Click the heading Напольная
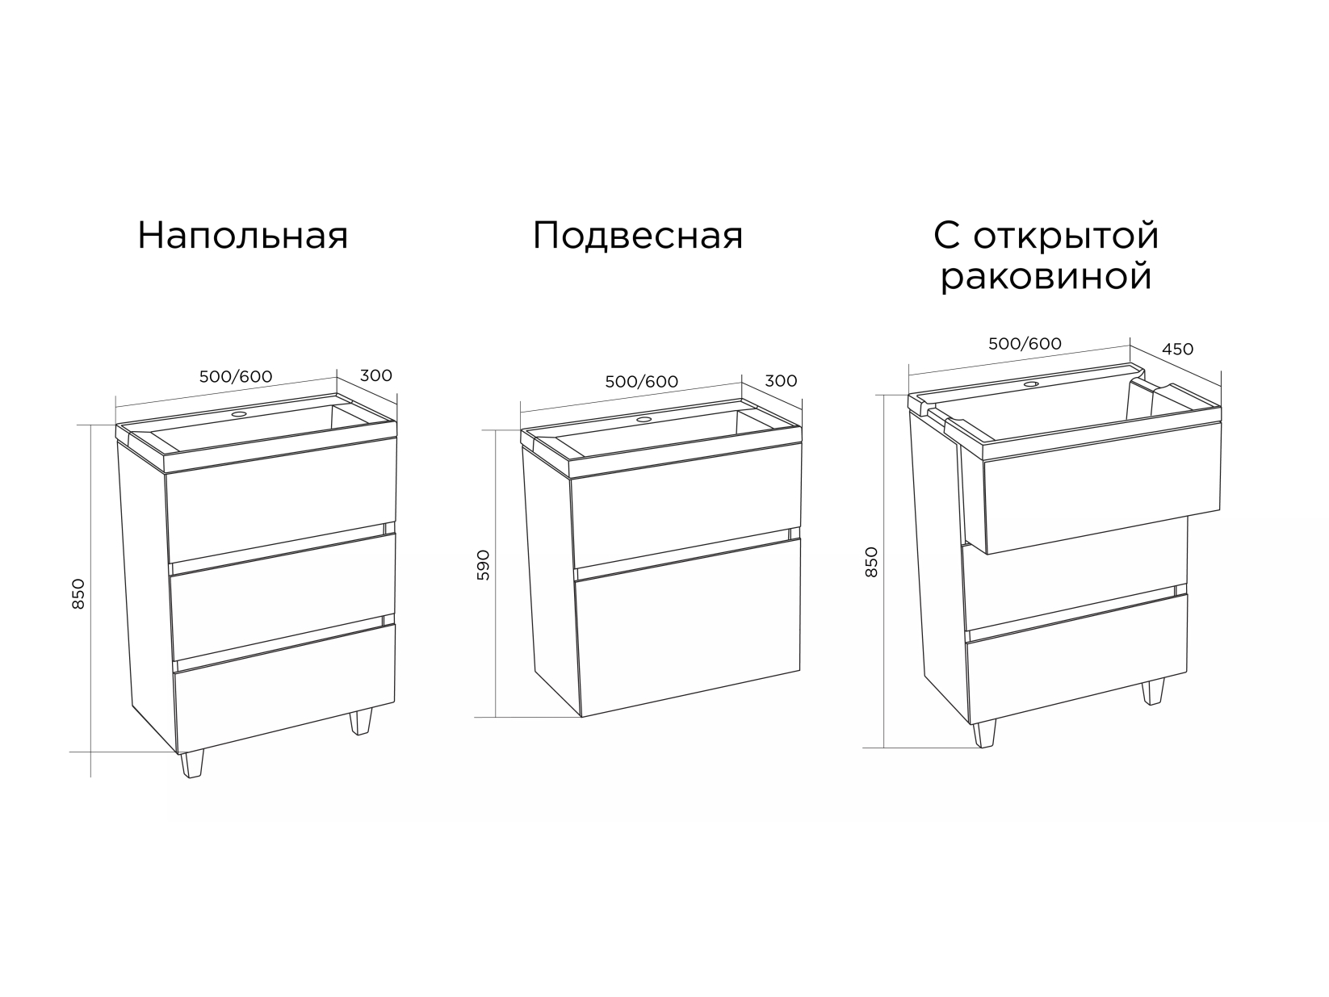(243, 235)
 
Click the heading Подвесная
(638, 235)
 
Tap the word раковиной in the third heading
(1046, 278)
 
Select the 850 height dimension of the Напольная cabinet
(78, 594)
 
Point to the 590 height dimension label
(483, 565)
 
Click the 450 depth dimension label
(1178, 350)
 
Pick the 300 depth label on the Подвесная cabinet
(781, 381)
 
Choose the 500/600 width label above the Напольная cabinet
(236, 376)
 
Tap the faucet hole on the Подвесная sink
(644, 419)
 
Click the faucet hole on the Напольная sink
(239, 415)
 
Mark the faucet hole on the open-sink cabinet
(1031, 383)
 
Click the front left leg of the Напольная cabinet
(192, 764)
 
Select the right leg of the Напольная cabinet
(361, 722)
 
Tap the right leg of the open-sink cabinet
(1153, 692)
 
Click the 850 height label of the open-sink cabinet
(871, 562)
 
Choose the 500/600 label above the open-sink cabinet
(1025, 344)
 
